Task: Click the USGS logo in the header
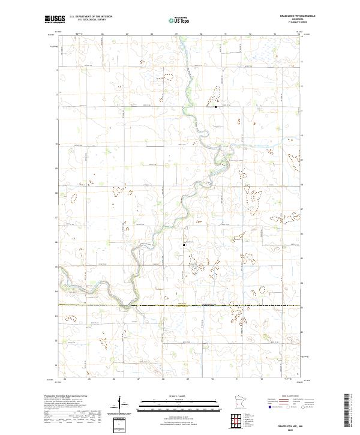click(x=55, y=19)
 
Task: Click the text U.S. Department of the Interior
click(x=91, y=16)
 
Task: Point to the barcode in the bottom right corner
click(x=353, y=413)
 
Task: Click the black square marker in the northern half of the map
click(x=216, y=107)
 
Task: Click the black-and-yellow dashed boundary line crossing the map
click(x=180, y=305)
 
